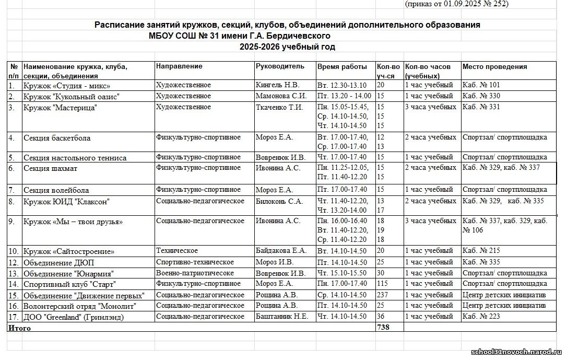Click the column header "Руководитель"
click(x=279, y=67)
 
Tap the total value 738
click(x=383, y=327)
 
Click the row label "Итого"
click(x=19, y=328)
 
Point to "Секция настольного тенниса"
click(x=75, y=157)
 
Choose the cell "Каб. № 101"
click(x=481, y=85)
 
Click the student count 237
click(x=383, y=295)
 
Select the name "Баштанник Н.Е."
click(x=282, y=317)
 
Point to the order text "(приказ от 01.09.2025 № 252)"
click(x=456, y=4)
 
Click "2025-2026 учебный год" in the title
click(x=287, y=47)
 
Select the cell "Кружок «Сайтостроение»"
click(x=68, y=251)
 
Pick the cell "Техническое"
click(x=175, y=251)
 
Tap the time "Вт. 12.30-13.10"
click(x=342, y=85)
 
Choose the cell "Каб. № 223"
click(x=481, y=317)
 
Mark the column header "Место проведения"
click(x=494, y=67)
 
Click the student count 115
click(x=383, y=284)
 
